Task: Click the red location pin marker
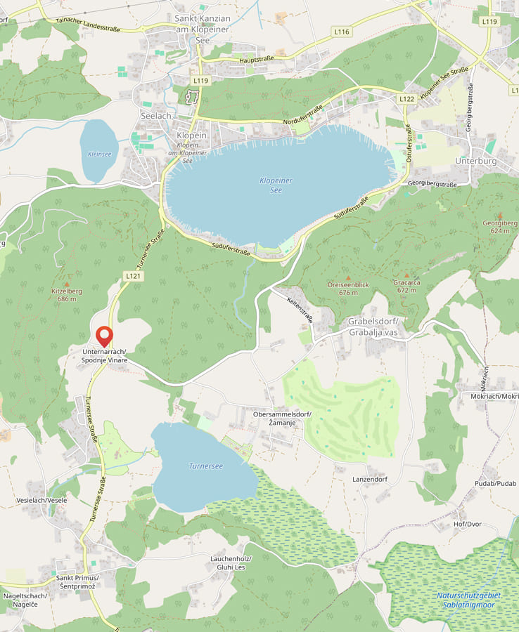pyautogui.click(x=105, y=336)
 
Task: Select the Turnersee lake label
pyautogui.click(x=206, y=466)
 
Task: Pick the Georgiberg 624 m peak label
pyautogui.click(x=500, y=227)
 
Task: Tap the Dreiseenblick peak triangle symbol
pyautogui.click(x=347, y=278)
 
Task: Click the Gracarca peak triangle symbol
pyautogui.click(x=406, y=276)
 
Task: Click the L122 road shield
pyautogui.click(x=406, y=100)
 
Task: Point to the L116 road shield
pyautogui.click(x=342, y=32)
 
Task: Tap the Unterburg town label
pyautogui.click(x=476, y=161)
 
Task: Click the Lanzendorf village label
pyautogui.click(x=370, y=479)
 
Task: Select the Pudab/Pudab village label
pyautogui.click(x=495, y=484)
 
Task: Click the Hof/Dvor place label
pyautogui.click(x=468, y=524)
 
